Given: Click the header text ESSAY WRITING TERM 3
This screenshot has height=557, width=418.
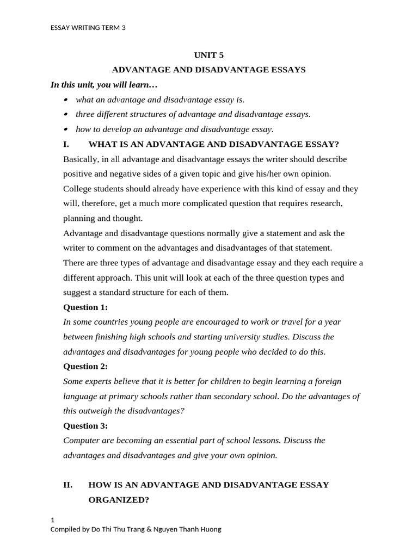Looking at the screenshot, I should (x=88, y=28).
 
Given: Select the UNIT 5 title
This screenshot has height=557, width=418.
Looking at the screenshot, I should (x=208, y=55).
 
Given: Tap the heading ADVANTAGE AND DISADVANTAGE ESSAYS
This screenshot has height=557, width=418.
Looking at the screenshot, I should (x=208, y=70).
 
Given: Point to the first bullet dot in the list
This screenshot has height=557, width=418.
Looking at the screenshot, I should (x=66, y=100).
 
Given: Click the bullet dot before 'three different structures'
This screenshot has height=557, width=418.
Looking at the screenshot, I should (x=66, y=114).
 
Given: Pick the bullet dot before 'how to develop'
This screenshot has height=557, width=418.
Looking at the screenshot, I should (x=66, y=129).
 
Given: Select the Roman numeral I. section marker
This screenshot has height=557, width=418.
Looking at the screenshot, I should (x=66, y=144).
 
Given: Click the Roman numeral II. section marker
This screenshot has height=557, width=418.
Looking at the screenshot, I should (x=68, y=485).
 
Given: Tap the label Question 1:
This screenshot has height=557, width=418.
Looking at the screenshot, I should (x=85, y=307).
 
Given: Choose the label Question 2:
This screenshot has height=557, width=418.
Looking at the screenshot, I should (x=85, y=366).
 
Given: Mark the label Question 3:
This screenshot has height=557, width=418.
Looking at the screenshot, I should (x=85, y=425).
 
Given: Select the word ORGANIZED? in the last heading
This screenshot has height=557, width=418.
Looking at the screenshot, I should (x=119, y=499).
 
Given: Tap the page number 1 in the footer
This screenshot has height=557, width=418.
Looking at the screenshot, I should (x=52, y=520).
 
